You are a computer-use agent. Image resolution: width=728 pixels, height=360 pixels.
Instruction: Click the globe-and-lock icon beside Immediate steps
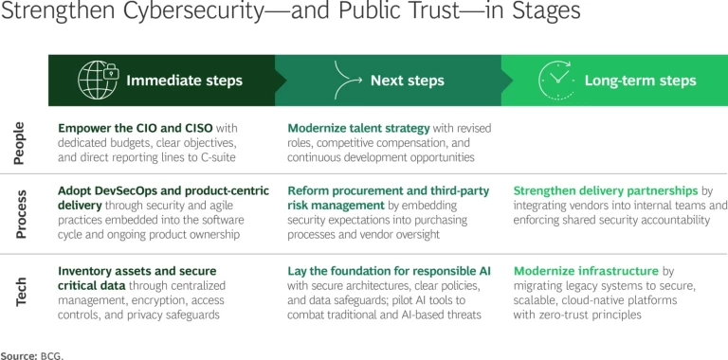click(x=97, y=80)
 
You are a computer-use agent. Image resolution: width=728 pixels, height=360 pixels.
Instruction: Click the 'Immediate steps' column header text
click(x=185, y=81)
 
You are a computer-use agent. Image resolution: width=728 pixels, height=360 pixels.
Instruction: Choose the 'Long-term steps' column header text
click(x=640, y=81)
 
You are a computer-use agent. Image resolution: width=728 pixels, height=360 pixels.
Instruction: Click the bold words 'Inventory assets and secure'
click(x=137, y=270)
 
